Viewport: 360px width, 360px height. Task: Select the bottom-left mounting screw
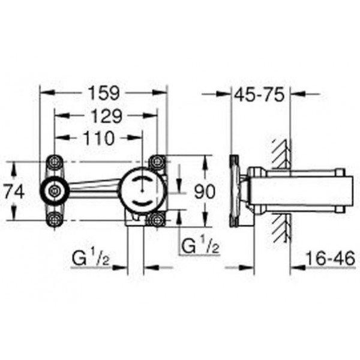tap(54, 219)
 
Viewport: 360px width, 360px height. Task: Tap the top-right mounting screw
tap(158, 162)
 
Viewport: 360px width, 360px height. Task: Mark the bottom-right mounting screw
tap(158, 219)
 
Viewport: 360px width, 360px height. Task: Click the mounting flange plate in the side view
tap(236, 190)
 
